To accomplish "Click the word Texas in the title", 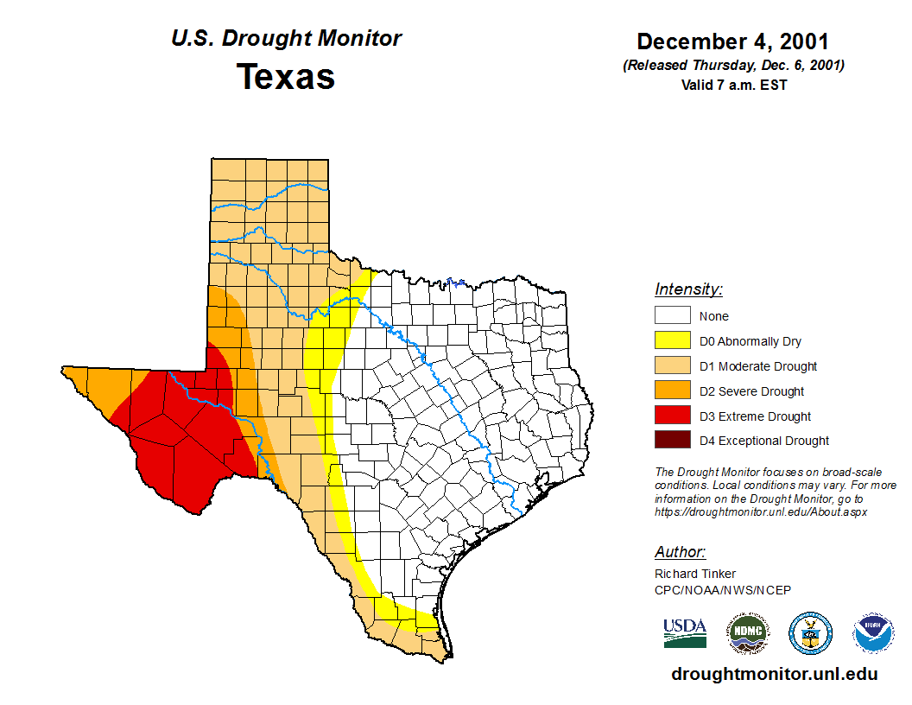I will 286,77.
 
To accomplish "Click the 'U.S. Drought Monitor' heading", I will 286,39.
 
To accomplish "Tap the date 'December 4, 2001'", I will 733,41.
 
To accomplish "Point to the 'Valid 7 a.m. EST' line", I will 733,85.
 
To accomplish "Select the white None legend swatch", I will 672,316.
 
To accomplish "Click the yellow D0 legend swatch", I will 672,341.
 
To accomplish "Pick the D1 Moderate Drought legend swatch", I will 672,366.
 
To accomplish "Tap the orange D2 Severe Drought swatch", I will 672,391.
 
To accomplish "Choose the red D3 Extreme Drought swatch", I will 672,416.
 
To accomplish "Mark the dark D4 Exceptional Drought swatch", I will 672,441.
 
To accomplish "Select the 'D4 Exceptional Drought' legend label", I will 764,441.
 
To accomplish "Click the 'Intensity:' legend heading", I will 688,289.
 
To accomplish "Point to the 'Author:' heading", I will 680,552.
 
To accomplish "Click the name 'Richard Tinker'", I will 695,574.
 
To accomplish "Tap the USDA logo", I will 685,633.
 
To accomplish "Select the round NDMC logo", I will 747,633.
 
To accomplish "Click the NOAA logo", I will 873,633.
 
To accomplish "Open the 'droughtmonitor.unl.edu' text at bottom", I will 775,675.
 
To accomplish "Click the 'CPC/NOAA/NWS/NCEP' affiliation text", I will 723,590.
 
